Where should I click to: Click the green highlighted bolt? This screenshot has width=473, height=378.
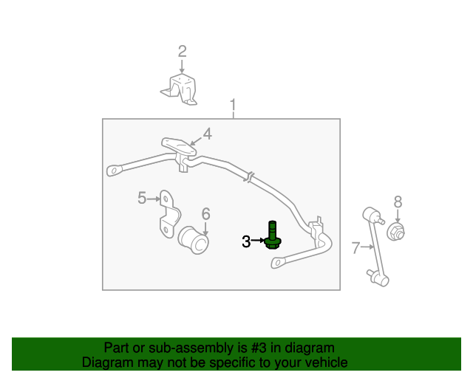[273, 236]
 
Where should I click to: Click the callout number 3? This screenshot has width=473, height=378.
[246, 241]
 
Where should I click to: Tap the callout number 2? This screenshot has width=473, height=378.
[183, 51]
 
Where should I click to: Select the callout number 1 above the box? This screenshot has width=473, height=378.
[233, 105]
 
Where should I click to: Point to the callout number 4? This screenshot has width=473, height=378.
[207, 134]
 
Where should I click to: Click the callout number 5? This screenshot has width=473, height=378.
[142, 198]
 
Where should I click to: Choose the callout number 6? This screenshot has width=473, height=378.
[205, 213]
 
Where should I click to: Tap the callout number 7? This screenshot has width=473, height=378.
[356, 248]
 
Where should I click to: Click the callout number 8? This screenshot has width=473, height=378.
[398, 202]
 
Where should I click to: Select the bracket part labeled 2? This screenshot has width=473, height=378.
[180, 89]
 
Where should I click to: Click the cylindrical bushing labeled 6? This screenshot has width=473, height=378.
[194, 240]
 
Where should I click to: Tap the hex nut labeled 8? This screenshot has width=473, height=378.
[396, 232]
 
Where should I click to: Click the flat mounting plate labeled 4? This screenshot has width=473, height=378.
[179, 146]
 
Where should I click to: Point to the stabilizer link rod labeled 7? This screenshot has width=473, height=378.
[375, 247]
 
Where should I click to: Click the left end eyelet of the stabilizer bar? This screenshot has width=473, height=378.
[114, 171]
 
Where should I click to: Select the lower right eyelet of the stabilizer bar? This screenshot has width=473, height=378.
[278, 263]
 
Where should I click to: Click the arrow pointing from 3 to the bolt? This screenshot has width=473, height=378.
[258, 240]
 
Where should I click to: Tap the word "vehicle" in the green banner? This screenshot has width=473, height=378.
[330, 362]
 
